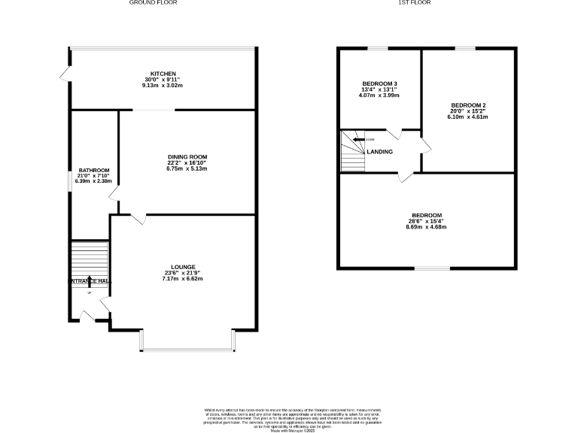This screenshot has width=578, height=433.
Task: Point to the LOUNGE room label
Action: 184,267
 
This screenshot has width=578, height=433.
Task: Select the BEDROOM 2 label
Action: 468,105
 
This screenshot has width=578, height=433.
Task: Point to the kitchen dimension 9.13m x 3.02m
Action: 163,86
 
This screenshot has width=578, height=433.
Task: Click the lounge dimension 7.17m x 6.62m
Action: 184,279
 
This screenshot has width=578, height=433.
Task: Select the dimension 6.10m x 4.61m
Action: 468,117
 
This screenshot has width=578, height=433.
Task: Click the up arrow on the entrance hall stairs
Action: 90,282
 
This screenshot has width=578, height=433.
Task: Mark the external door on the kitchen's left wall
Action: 65,74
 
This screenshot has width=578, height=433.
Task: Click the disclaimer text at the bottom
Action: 290,416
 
